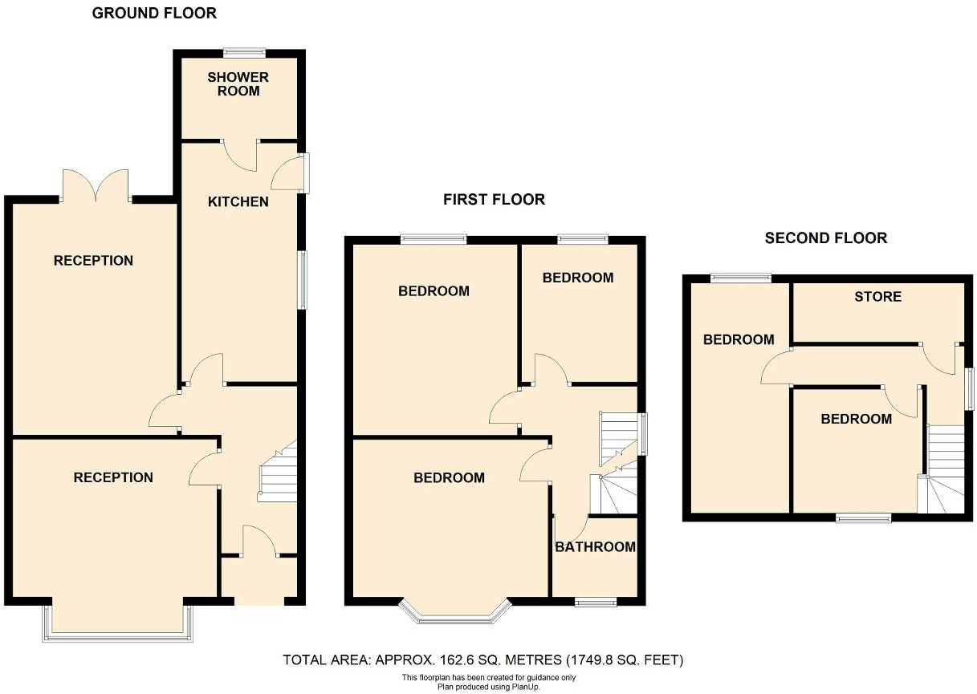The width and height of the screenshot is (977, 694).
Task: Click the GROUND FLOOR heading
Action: (154, 13)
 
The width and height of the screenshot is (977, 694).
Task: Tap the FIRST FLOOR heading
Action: (494, 200)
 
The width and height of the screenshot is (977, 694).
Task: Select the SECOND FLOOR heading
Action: (825, 238)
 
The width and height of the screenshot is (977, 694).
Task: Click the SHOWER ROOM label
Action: (238, 84)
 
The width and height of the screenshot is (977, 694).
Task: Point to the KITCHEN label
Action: (238, 201)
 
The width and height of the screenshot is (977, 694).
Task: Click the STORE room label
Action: (877, 297)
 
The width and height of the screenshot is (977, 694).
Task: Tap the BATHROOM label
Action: (595, 547)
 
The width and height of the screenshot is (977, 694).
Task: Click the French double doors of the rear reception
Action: (96, 186)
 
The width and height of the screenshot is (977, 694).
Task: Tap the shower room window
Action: (244, 53)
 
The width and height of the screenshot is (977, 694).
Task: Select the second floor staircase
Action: (944, 469)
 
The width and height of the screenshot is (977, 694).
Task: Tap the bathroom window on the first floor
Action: (596, 602)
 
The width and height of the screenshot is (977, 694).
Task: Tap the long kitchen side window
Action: (303, 280)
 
